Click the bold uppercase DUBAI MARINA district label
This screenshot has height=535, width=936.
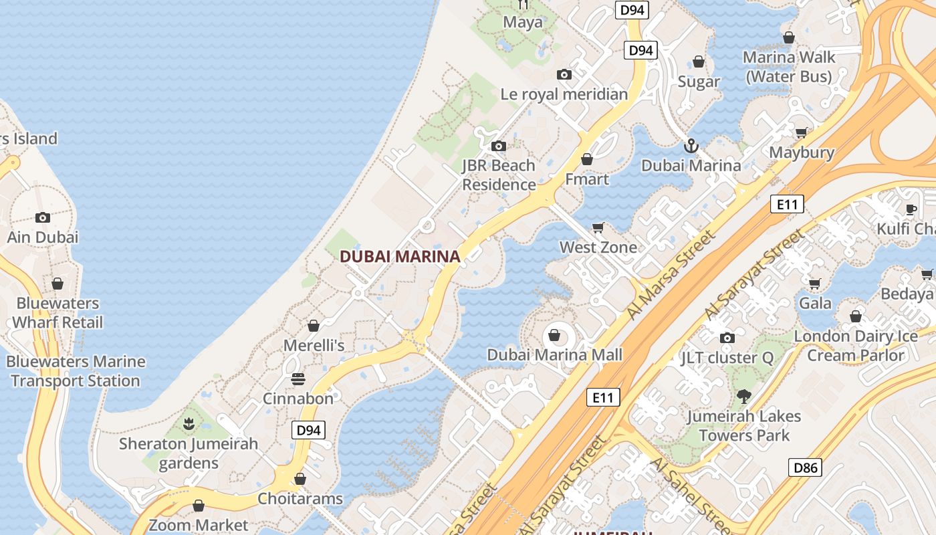pyautogui.click(x=400, y=256)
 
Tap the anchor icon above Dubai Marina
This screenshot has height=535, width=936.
pyautogui.click(x=691, y=145)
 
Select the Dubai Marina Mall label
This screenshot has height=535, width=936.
pyautogui.click(x=554, y=355)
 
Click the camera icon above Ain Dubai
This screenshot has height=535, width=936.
pyautogui.click(x=43, y=217)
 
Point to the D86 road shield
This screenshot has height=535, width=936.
pyautogui.click(x=805, y=467)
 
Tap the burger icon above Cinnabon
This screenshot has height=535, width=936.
pyautogui.click(x=298, y=379)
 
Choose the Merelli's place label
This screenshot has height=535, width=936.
pyautogui.click(x=314, y=345)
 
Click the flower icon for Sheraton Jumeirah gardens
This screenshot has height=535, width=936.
pyautogui.click(x=189, y=423)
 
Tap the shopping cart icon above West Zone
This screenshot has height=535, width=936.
pyautogui.click(x=598, y=227)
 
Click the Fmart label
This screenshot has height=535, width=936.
pyautogui.click(x=587, y=179)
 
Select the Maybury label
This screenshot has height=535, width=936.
pyautogui.click(x=801, y=152)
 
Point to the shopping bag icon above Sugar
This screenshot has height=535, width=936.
pyautogui.click(x=699, y=62)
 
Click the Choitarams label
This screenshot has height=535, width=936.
pyautogui.click(x=300, y=499)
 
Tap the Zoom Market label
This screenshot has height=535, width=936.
pyautogui.click(x=198, y=525)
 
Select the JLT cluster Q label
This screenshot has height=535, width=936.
pyautogui.click(x=727, y=358)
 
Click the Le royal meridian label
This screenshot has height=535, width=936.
pyautogui.click(x=564, y=94)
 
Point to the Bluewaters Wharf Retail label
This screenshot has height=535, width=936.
pyautogui.click(x=58, y=312)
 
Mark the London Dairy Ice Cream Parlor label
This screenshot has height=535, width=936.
pyautogui.click(x=855, y=345)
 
